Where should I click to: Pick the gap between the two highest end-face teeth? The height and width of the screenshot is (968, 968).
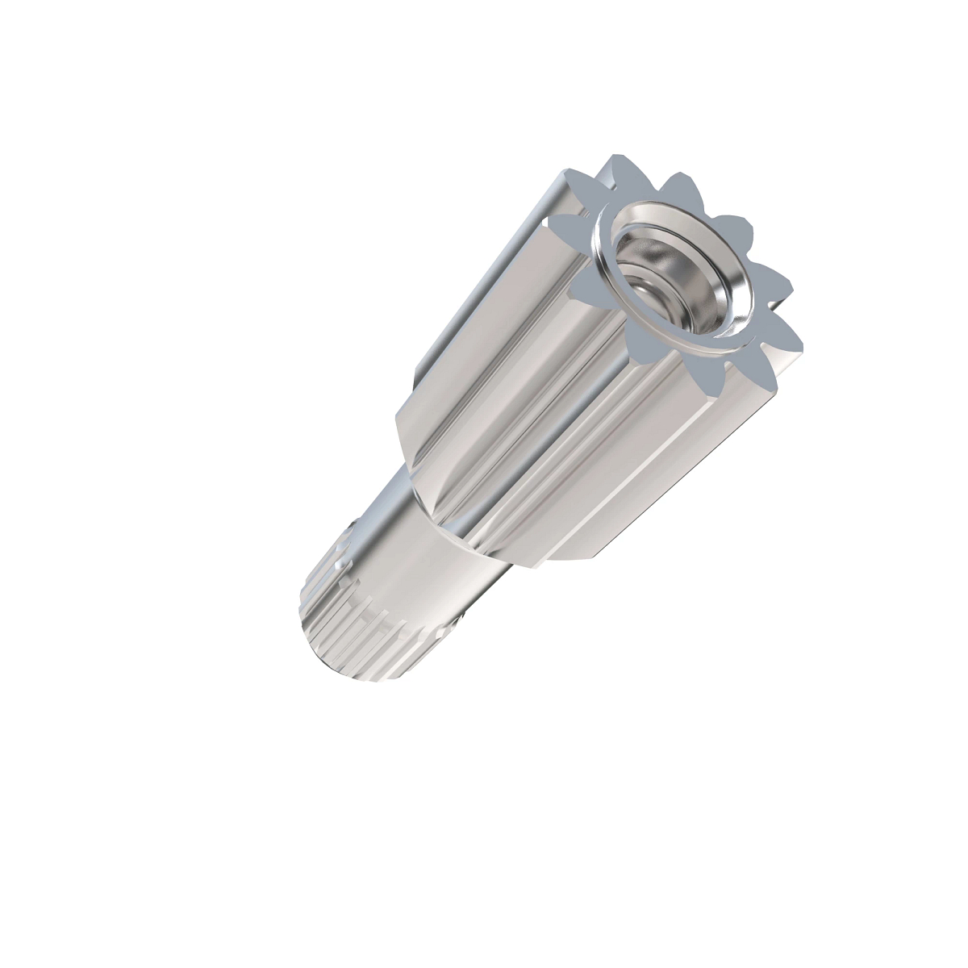click(x=641, y=181)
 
